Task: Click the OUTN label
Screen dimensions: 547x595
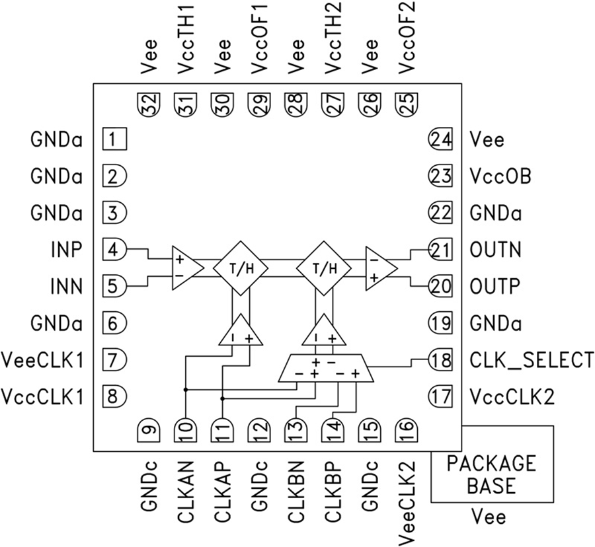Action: [x=495, y=250]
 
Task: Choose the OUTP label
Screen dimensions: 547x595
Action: [x=495, y=287]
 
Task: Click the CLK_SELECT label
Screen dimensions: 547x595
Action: [x=531, y=361]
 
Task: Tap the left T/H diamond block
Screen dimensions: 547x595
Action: [x=241, y=268]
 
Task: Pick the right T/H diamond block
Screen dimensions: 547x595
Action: [x=323, y=268]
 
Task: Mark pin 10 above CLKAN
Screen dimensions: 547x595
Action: [x=185, y=433]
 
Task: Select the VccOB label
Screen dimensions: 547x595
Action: [x=499, y=177]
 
